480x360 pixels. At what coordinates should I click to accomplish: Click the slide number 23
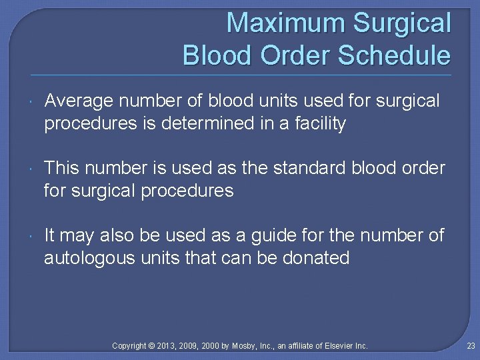tap(470, 346)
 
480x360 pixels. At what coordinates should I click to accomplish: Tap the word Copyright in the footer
tap(129, 346)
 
